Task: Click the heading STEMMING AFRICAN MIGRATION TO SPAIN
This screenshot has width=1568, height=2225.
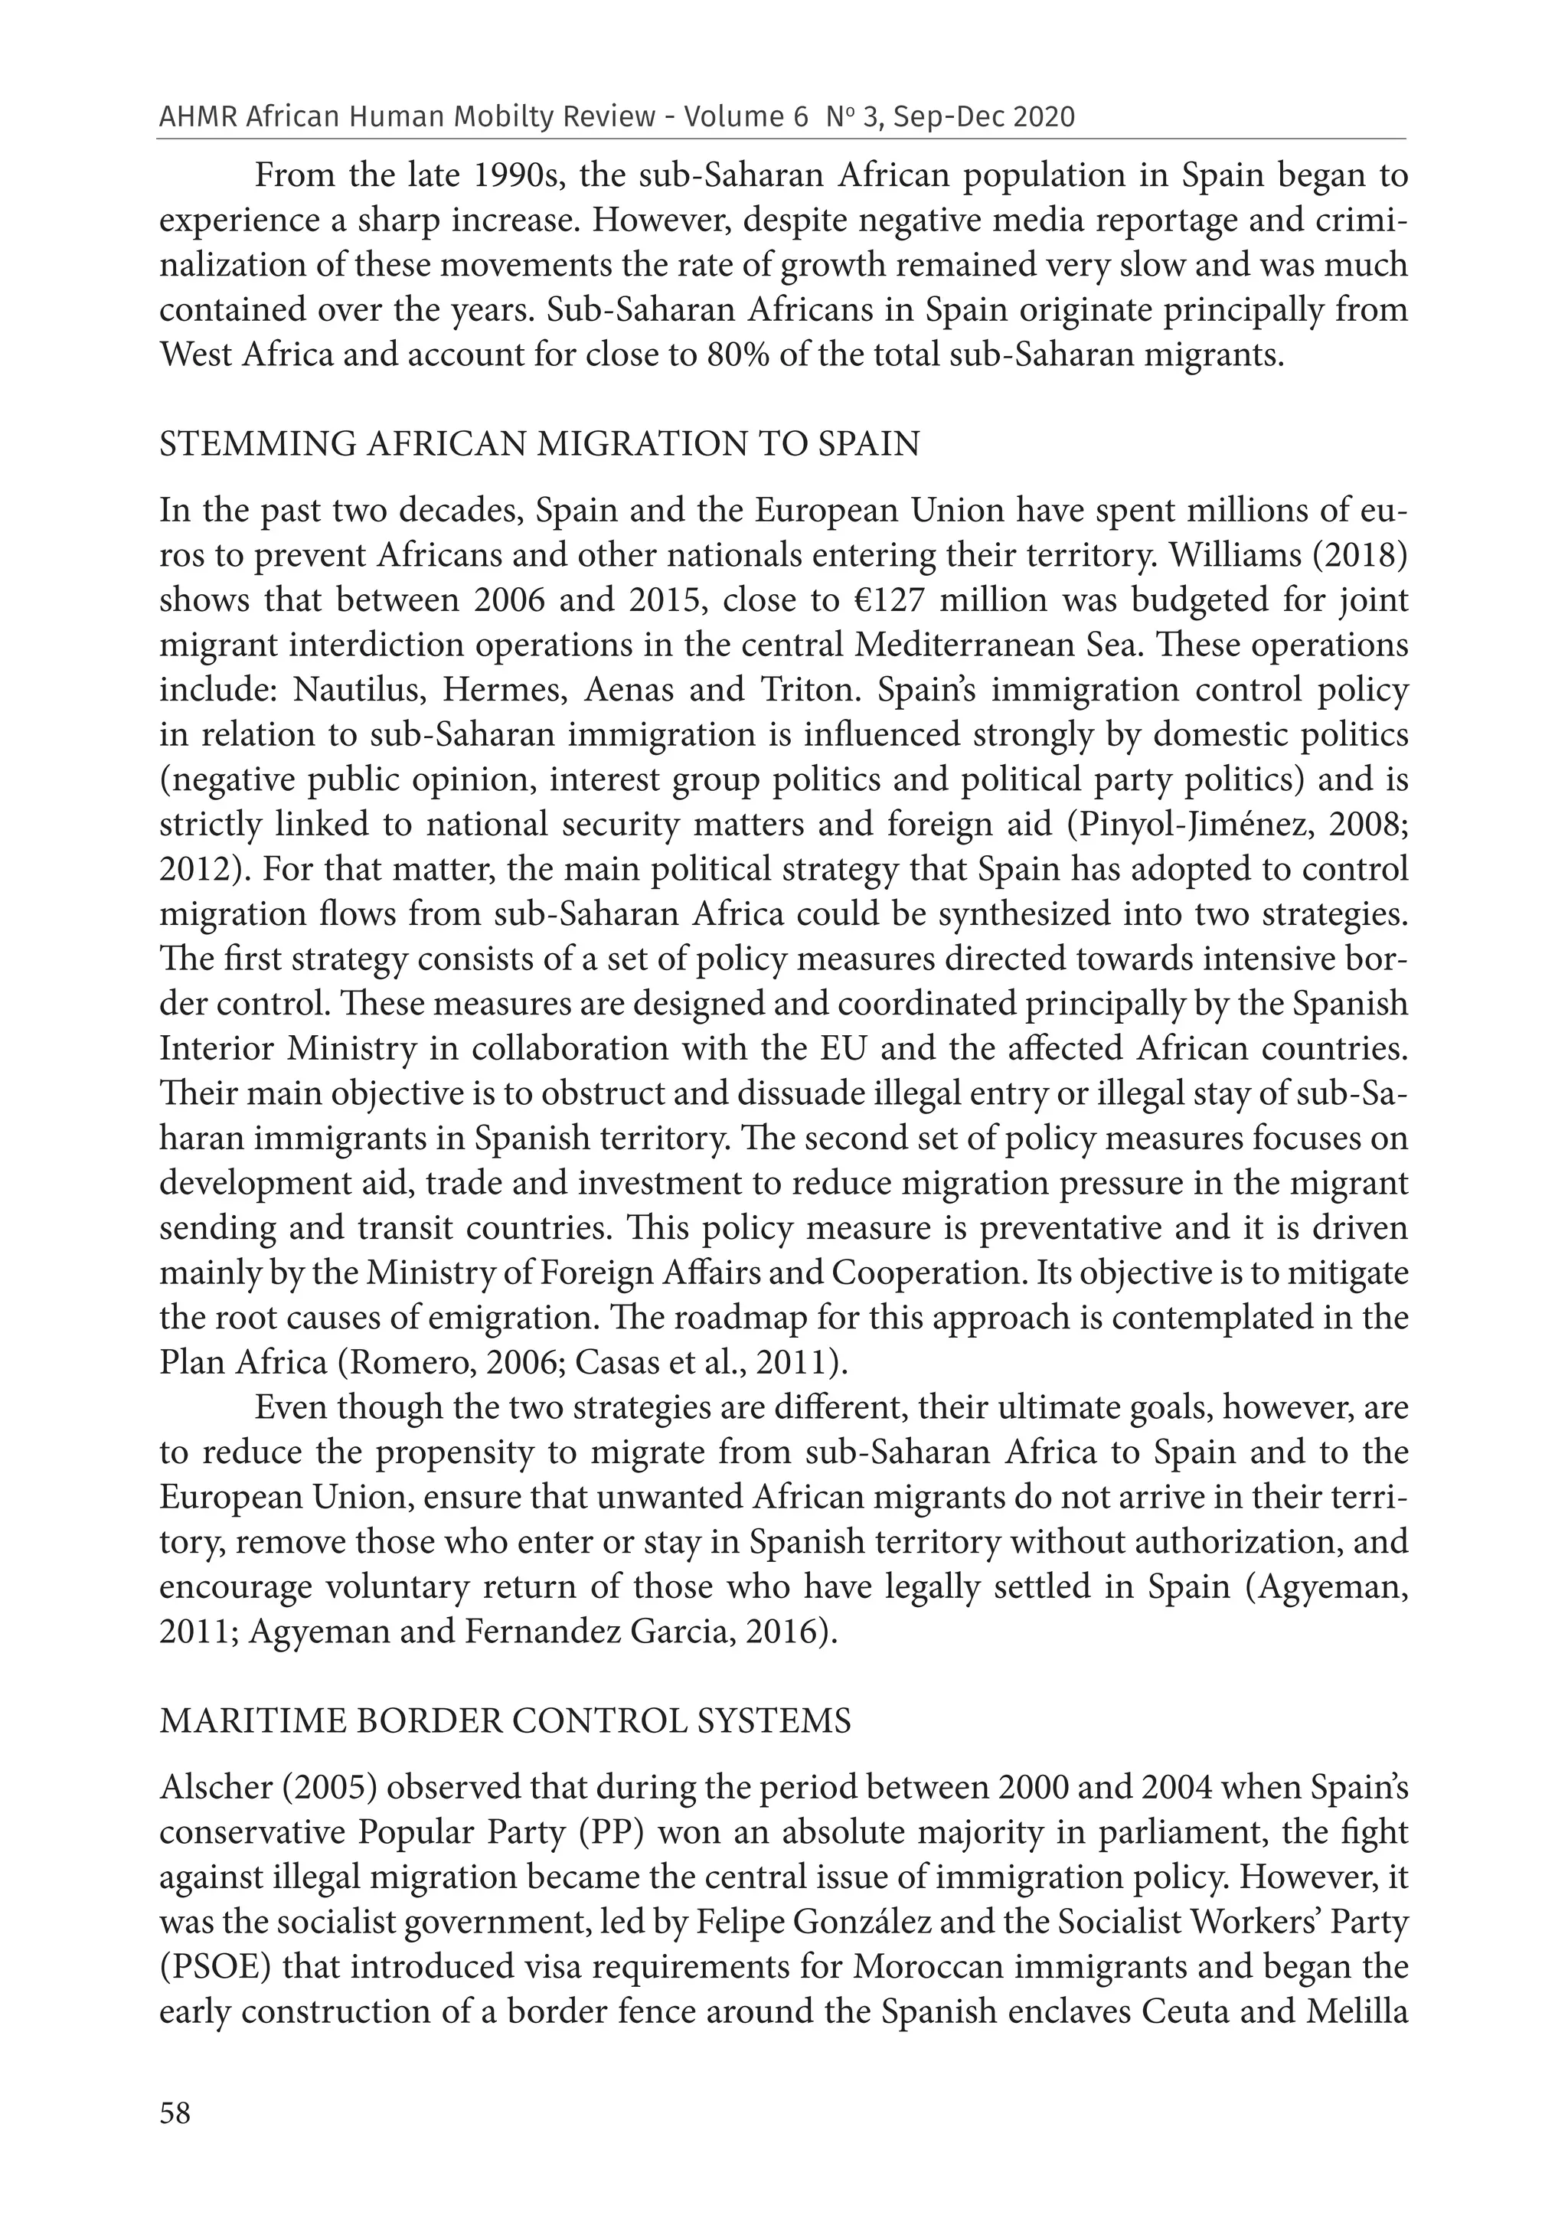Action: tap(539, 444)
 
